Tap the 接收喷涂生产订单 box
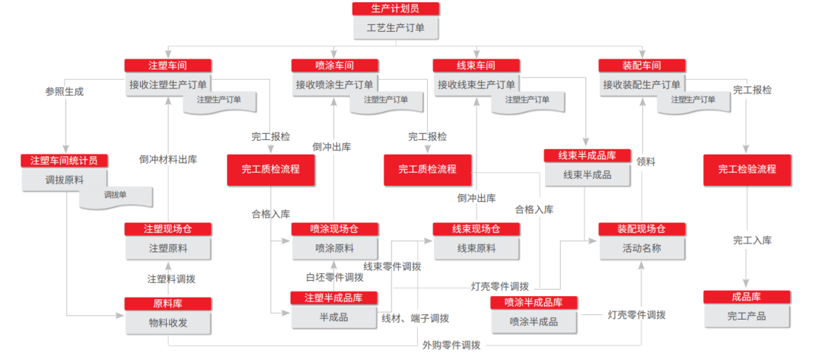click(335, 84)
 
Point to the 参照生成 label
click(65, 91)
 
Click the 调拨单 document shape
click(115, 196)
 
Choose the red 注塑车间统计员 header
click(65, 161)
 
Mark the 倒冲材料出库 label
click(168, 160)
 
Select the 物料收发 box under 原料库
click(167, 323)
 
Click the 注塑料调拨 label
click(168, 279)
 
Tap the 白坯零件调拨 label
click(335, 277)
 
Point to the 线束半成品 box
click(587, 175)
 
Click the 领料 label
click(646, 161)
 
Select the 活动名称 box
click(641, 248)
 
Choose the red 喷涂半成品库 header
click(534, 302)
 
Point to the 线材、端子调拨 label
click(415, 319)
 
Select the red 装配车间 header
click(641, 65)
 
